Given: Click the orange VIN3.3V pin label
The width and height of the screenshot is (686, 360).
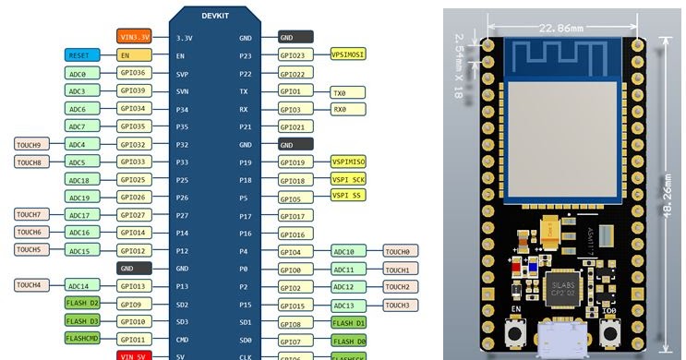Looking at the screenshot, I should pyautogui.click(x=134, y=38).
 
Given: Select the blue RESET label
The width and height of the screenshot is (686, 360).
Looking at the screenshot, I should pyautogui.click(x=80, y=55).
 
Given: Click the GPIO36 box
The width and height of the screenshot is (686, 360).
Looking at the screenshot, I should pyautogui.click(x=134, y=73).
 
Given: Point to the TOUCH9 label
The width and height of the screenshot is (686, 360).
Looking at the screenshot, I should pyautogui.click(x=29, y=144).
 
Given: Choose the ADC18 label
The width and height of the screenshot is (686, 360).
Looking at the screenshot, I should pyautogui.click(x=80, y=180).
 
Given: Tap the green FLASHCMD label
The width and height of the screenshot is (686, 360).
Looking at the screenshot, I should pyautogui.click(x=80, y=339).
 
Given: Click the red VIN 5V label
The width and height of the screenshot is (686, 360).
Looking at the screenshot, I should pyautogui.click(x=134, y=355).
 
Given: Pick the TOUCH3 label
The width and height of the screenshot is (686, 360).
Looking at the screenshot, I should pyautogui.click(x=400, y=305).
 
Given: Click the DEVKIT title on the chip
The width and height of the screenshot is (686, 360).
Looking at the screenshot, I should pyautogui.click(x=218, y=16).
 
